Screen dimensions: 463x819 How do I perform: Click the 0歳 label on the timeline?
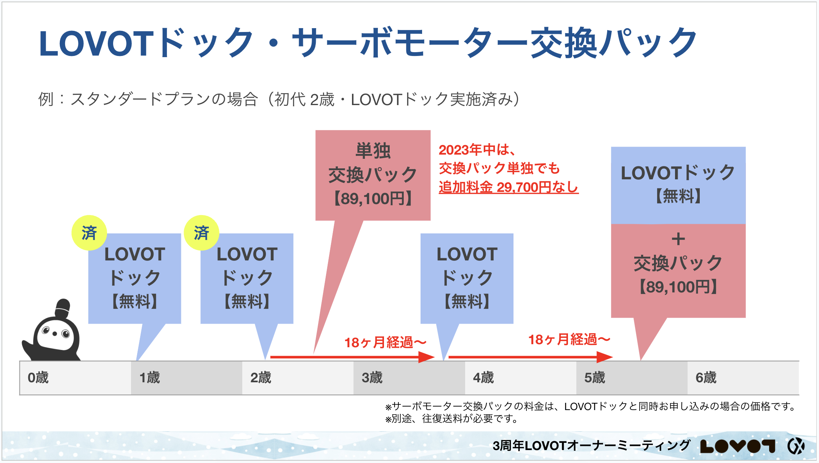tap(38, 378)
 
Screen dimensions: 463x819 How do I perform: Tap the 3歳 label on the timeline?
tap(372, 378)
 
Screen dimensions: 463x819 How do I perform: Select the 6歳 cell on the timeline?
tap(706, 378)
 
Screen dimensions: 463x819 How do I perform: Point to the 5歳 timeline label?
tap(595, 378)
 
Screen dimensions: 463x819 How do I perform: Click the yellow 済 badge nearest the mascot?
tap(89, 233)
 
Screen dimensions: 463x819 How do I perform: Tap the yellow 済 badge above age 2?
tap(201, 233)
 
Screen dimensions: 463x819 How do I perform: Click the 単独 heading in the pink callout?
tap(373, 151)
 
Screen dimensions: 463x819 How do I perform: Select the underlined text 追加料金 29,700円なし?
tap(508, 187)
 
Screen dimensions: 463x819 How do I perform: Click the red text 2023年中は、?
tap(477, 150)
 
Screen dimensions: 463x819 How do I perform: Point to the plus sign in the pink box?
tap(678, 239)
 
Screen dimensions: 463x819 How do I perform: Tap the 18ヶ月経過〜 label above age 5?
tap(569, 339)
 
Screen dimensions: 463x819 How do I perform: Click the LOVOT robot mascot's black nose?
tap(55, 334)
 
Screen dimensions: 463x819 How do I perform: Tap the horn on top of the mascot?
tap(63, 308)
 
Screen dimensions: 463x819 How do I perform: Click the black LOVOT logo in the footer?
tap(737, 446)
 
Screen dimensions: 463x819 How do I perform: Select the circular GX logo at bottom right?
tap(796, 446)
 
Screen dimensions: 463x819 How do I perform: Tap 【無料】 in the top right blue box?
tap(678, 196)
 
